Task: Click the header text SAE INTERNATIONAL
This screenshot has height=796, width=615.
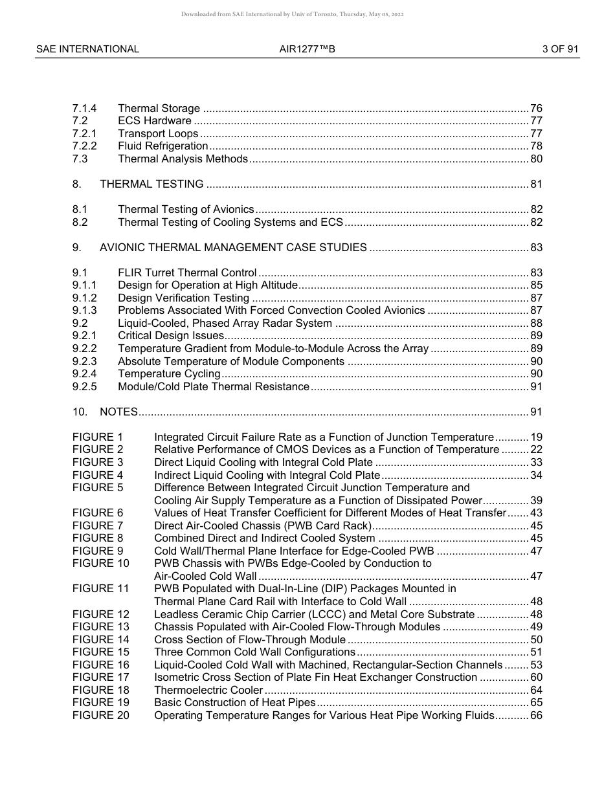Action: click(87, 49)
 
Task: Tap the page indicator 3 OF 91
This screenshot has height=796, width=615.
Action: click(560, 49)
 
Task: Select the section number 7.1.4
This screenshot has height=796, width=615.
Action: click(84, 108)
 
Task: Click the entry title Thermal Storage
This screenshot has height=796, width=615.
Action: click(159, 108)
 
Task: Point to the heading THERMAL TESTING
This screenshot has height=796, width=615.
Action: click(151, 184)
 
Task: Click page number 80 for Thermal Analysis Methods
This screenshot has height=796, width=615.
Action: click(536, 159)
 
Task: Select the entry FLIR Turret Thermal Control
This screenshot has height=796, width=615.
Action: click(187, 272)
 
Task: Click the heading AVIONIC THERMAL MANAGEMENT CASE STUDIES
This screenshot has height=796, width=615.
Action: click(233, 247)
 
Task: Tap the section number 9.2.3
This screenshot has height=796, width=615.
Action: click(84, 361)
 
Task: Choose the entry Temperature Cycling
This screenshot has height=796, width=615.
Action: click(169, 373)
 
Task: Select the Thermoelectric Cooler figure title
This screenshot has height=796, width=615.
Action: click(208, 690)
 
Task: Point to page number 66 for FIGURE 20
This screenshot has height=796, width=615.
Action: click(536, 715)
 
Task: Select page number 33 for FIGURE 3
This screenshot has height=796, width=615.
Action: click(536, 462)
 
